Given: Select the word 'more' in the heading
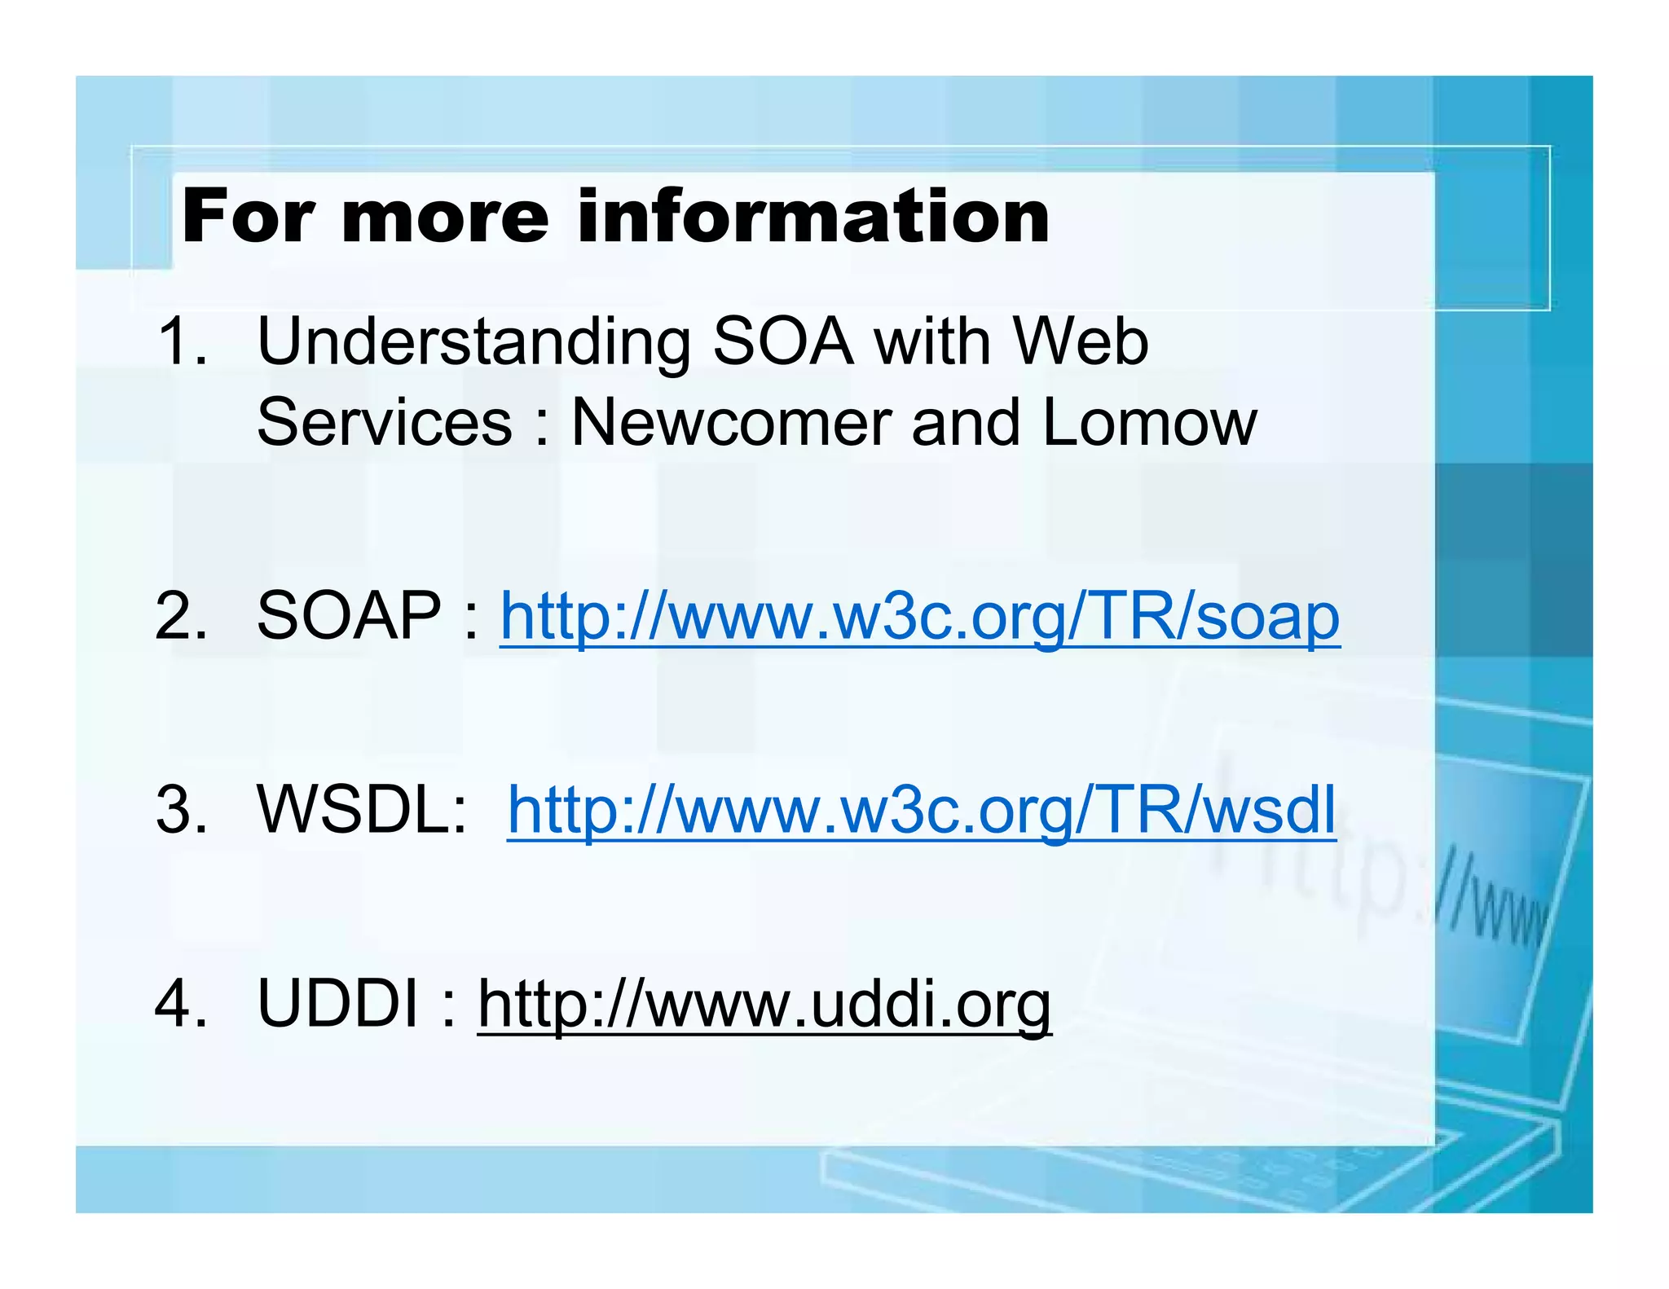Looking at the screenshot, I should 445,218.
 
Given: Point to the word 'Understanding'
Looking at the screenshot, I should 473,342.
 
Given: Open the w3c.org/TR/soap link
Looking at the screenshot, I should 919,618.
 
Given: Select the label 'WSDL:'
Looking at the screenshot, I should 362,810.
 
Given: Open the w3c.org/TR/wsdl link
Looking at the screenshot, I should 921,812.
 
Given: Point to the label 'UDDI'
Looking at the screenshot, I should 337,1004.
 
